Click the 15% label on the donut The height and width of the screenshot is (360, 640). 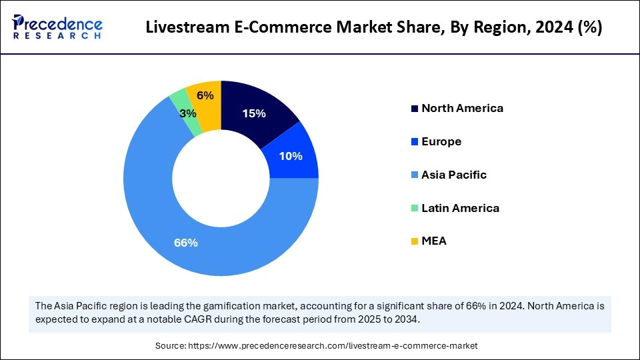(254, 114)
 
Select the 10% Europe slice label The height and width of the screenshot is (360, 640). (291, 156)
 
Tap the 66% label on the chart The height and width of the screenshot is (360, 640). (185, 243)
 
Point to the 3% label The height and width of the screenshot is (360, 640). (188, 114)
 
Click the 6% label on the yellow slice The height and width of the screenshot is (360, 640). (205, 95)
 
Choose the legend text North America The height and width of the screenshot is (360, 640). (462, 108)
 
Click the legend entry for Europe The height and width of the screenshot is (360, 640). (441, 141)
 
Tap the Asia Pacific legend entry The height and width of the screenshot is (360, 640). (454, 175)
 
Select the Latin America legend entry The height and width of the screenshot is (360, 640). (460, 208)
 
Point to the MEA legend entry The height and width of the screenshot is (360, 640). (433, 241)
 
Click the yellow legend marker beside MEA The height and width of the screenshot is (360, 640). (415, 241)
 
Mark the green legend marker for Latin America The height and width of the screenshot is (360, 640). (415, 208)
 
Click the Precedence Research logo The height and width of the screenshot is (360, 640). (57, 27)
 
